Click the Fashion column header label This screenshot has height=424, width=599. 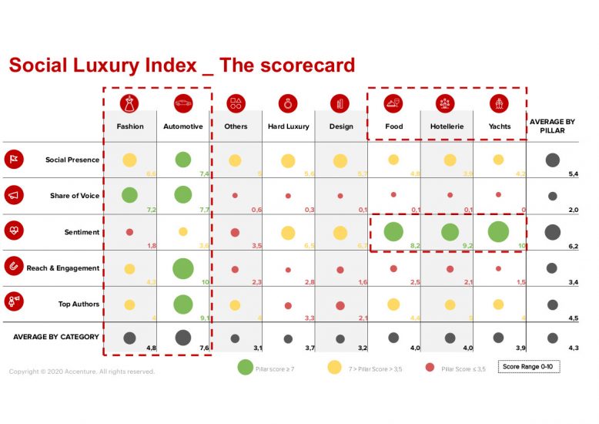tap(130, 126)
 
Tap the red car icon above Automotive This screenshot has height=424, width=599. tap(183, 103)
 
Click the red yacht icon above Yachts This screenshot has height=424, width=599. tap(498, 103)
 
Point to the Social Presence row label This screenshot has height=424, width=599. tap(72, 160)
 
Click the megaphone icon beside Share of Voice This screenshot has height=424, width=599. tap(14, 196)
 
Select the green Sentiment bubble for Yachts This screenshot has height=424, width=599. tap(498, 232)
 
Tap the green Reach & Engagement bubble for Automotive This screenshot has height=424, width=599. tap(183, 268)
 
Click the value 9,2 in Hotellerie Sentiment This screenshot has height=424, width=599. tap(467, 245)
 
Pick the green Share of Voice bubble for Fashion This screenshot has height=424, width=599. tap(129, 196)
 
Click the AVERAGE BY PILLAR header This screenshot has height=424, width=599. tap(552, 126)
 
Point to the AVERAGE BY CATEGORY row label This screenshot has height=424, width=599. tap(56, 337)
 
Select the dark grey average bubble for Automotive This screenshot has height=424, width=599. tap(183, 337)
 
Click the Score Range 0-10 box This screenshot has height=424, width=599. tap(528, 367)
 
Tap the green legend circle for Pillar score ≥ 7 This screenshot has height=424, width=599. tap(244, 368)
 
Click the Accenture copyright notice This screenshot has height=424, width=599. tap(82, 372)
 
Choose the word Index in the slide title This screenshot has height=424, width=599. tap(177, 66)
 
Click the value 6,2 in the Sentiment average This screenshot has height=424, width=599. tap(572, 246)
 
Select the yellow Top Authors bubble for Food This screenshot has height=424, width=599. tap(393, 305)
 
